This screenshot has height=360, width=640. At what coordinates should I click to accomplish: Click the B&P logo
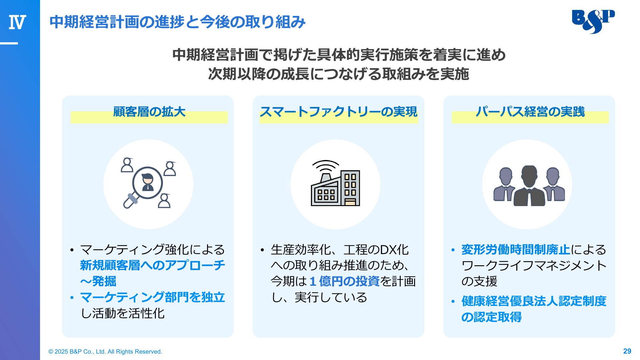[593, 21]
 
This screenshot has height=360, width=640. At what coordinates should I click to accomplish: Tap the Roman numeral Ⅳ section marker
[17, 22]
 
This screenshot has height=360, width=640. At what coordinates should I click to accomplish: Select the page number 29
[627, 351]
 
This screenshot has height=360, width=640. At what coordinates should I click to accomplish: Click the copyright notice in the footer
[105, 351]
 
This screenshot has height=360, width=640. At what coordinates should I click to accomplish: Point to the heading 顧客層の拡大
[149, 112]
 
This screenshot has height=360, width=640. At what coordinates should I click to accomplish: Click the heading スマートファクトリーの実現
[339, 112]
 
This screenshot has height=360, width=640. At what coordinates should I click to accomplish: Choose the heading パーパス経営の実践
[530, 112]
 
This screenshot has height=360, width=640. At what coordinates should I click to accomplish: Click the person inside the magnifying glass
[148, 182]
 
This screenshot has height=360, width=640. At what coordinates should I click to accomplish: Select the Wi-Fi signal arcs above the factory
[325, 166]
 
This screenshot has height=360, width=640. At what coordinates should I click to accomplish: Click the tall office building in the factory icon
[350, 188]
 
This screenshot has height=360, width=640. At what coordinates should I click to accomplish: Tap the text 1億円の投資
[345, 281]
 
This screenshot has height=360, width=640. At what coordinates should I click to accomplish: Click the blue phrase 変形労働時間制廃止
[516, 250]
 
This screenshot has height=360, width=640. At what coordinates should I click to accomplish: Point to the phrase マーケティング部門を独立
[153, 297]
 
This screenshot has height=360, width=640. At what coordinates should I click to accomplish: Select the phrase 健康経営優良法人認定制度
[534, 301]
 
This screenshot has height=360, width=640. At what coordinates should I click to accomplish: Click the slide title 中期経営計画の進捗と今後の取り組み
[178, 22]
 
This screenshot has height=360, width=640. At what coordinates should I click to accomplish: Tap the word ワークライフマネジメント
[534, 266]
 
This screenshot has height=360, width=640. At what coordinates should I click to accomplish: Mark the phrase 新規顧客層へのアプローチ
[153, 265]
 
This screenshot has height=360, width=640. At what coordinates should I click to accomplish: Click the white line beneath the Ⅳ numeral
[9, 43]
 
